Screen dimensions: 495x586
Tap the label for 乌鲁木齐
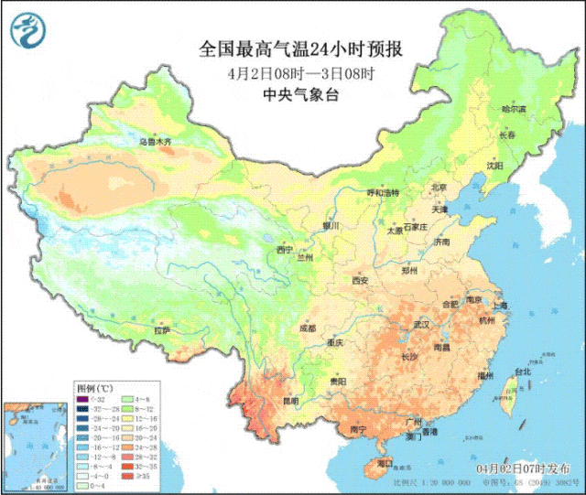(155, 143)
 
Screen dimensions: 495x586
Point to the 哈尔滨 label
(514, 109)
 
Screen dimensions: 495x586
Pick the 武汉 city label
(421, 325)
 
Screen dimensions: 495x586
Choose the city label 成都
(307, 328)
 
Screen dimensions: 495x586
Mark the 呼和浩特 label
(384, 193)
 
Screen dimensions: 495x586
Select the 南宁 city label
(358, 429)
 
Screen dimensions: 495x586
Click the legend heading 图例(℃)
(95, 387)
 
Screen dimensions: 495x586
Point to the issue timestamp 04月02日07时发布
(528, 468)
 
